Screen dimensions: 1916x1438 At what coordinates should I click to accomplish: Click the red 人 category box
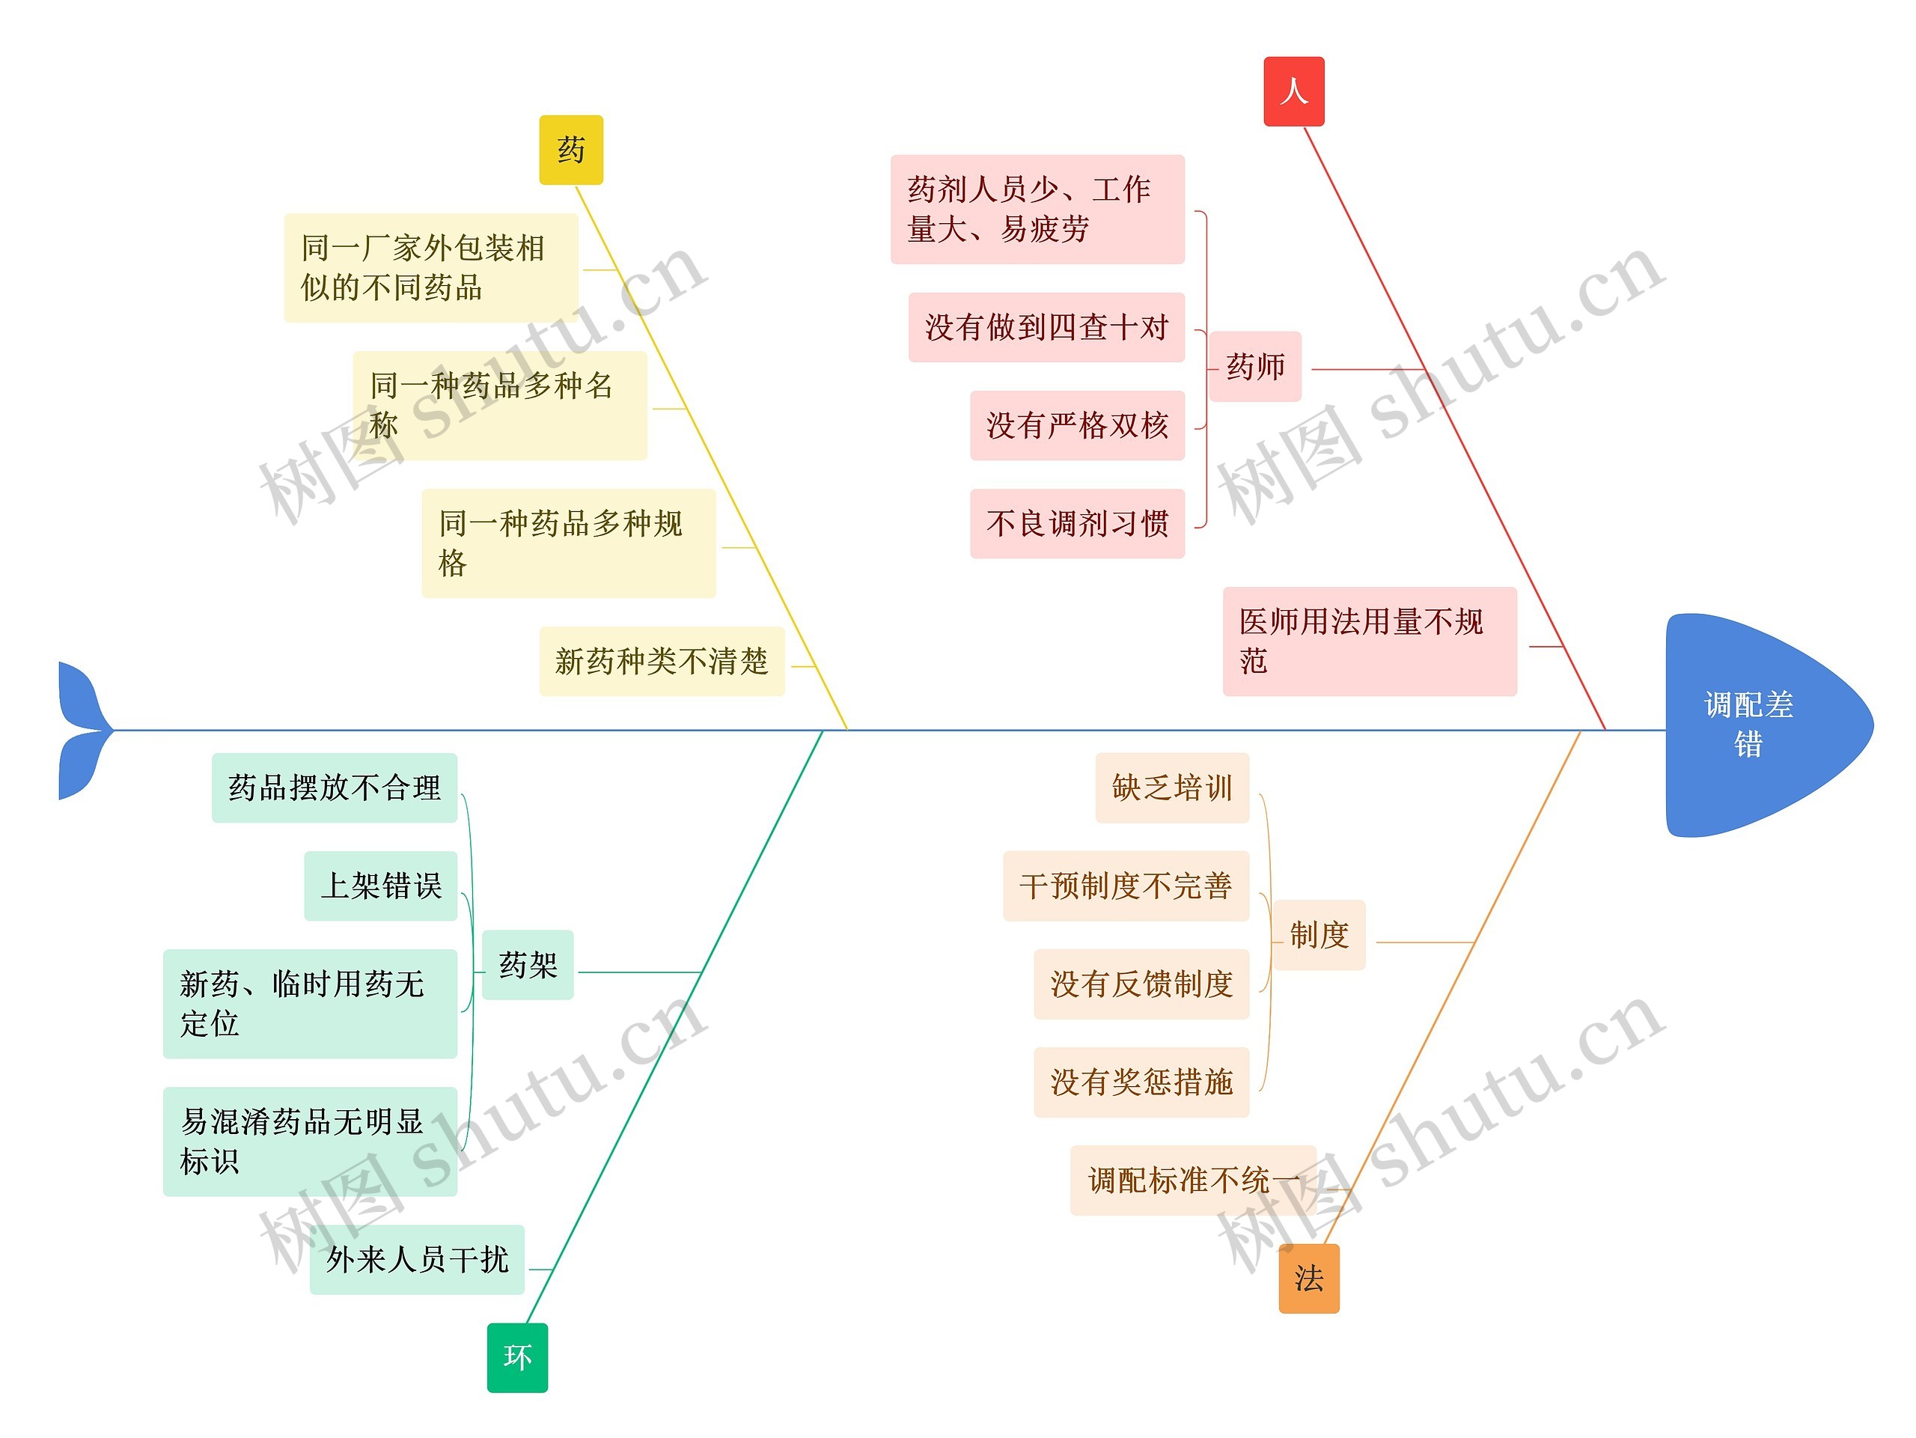(1293, 92)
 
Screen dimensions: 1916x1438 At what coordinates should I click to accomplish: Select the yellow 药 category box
(571, 150)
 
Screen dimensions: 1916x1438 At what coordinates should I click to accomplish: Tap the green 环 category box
(517, 1356)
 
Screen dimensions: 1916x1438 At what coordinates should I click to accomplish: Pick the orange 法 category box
(1308, 1278)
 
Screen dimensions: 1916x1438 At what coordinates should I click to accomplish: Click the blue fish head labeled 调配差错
(1758, 725)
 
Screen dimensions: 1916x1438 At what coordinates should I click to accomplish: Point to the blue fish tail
(82, 731)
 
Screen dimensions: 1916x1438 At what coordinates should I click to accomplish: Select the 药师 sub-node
(1255, 367)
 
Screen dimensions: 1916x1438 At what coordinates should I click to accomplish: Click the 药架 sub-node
(528, 965)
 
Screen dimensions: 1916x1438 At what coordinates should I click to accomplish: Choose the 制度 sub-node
(1318, 935)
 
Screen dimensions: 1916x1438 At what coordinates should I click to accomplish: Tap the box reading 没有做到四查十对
(1046, 327)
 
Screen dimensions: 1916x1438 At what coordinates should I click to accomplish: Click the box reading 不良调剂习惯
(1077, 523)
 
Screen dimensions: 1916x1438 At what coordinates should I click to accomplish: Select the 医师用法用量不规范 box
(1369, 641)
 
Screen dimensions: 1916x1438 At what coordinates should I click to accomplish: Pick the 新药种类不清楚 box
(661, 661)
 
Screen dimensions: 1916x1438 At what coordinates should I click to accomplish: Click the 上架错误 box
(380, 886)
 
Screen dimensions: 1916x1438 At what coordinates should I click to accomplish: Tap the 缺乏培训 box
(1171, 787)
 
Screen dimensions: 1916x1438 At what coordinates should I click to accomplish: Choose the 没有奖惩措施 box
(1141, 1082)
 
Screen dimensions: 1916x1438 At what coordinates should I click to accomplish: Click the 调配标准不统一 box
(1193, 1180)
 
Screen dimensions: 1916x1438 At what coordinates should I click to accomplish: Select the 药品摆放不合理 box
(335, 787)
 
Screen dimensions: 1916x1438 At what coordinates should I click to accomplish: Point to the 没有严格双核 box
(1077, 425)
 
